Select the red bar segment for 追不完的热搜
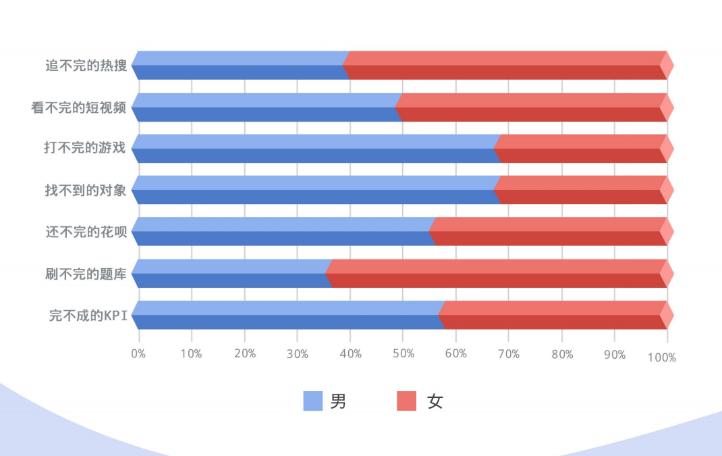[506, 66]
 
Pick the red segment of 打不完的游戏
[581, 149]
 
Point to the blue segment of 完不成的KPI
[287, 315]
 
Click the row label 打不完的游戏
[85, 149]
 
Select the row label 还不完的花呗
[85, 232]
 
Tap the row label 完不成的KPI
[88, 315]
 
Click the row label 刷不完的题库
[85, 274]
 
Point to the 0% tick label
[138, 354]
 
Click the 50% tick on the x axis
[403, 354]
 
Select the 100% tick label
[661, 357]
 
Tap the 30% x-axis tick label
[298, 354]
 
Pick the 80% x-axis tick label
[562, 354]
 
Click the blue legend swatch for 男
[313, 401]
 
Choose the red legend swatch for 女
[407, 401]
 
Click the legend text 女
[436, 402]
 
